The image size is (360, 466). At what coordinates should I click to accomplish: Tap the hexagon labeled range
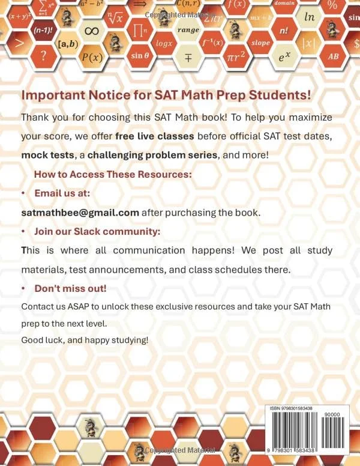click(x=187, y=29)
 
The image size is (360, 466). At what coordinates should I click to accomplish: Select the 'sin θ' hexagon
click(x=140, y=56)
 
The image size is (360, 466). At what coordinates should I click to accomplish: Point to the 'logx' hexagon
click(x=164, y=43)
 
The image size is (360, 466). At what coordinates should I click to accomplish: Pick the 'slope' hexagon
click(x=260, y=43)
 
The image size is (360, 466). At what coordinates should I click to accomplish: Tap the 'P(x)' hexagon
click(x=92, y=58)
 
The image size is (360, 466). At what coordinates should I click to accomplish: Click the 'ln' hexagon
click(x=309, y=17)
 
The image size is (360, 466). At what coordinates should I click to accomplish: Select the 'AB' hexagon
click(x=332, y=56)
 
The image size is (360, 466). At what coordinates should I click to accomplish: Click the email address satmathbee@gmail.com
click(x=80, y=213)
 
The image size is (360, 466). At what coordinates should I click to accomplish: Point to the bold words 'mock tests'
click(x=45, y=154)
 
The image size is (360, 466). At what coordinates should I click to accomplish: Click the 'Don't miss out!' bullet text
click(x=70, y=289)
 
